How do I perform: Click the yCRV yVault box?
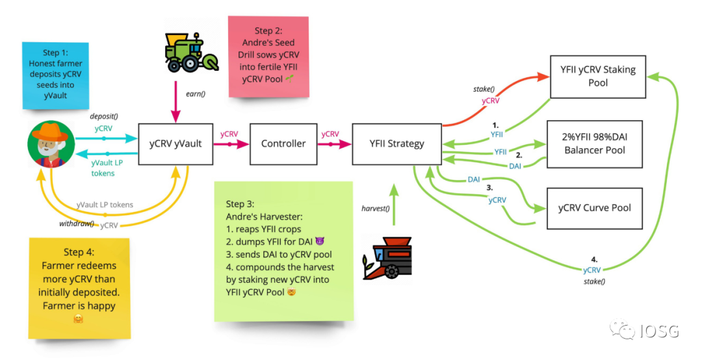175,144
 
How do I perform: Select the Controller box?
283,144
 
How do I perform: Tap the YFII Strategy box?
396,144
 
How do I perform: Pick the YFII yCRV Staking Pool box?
598,77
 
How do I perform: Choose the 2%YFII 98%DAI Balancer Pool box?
595,144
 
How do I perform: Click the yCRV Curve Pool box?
595,208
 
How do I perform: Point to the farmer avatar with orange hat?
51,144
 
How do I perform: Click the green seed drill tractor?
191,53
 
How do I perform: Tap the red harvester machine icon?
387,259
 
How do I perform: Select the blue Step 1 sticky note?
55,75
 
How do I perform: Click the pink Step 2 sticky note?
268,57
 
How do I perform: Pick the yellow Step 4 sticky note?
79,287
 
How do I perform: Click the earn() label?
196,94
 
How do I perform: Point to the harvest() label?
376,208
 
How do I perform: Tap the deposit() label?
104,116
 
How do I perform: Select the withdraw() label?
77,224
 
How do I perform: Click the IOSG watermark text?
660,331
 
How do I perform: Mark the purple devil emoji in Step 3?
319,242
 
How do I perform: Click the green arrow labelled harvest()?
393,204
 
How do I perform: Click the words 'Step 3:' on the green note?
240,204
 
